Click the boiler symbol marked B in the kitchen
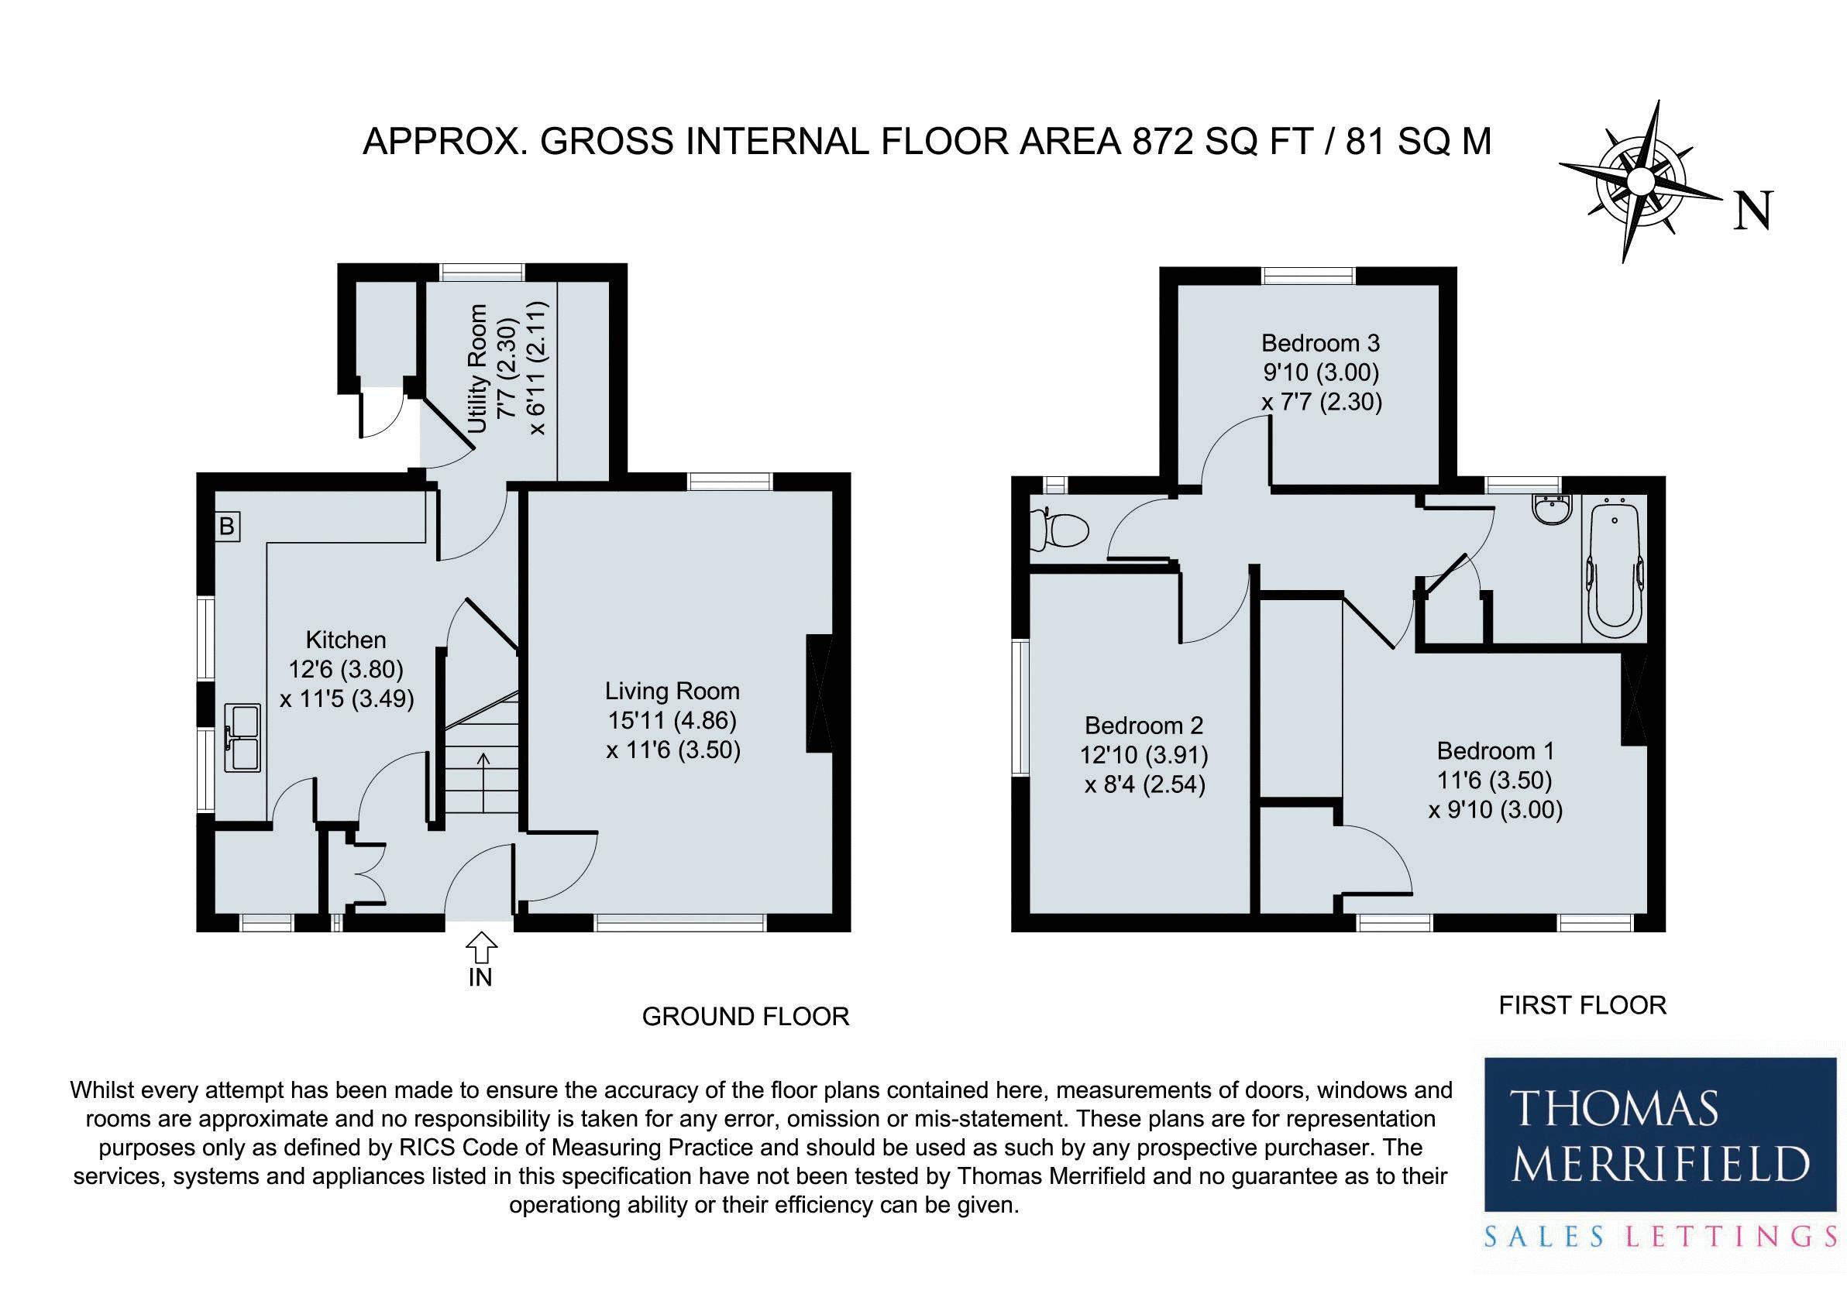pos(228,527)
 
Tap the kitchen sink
pos(244,737)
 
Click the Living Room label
pos(672,691)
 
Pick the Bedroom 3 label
pos(1320,343)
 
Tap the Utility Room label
pos(478,369)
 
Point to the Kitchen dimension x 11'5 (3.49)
pos(347,698)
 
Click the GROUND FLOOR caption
pos(745,1016)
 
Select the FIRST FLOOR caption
pos(1581,1005)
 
